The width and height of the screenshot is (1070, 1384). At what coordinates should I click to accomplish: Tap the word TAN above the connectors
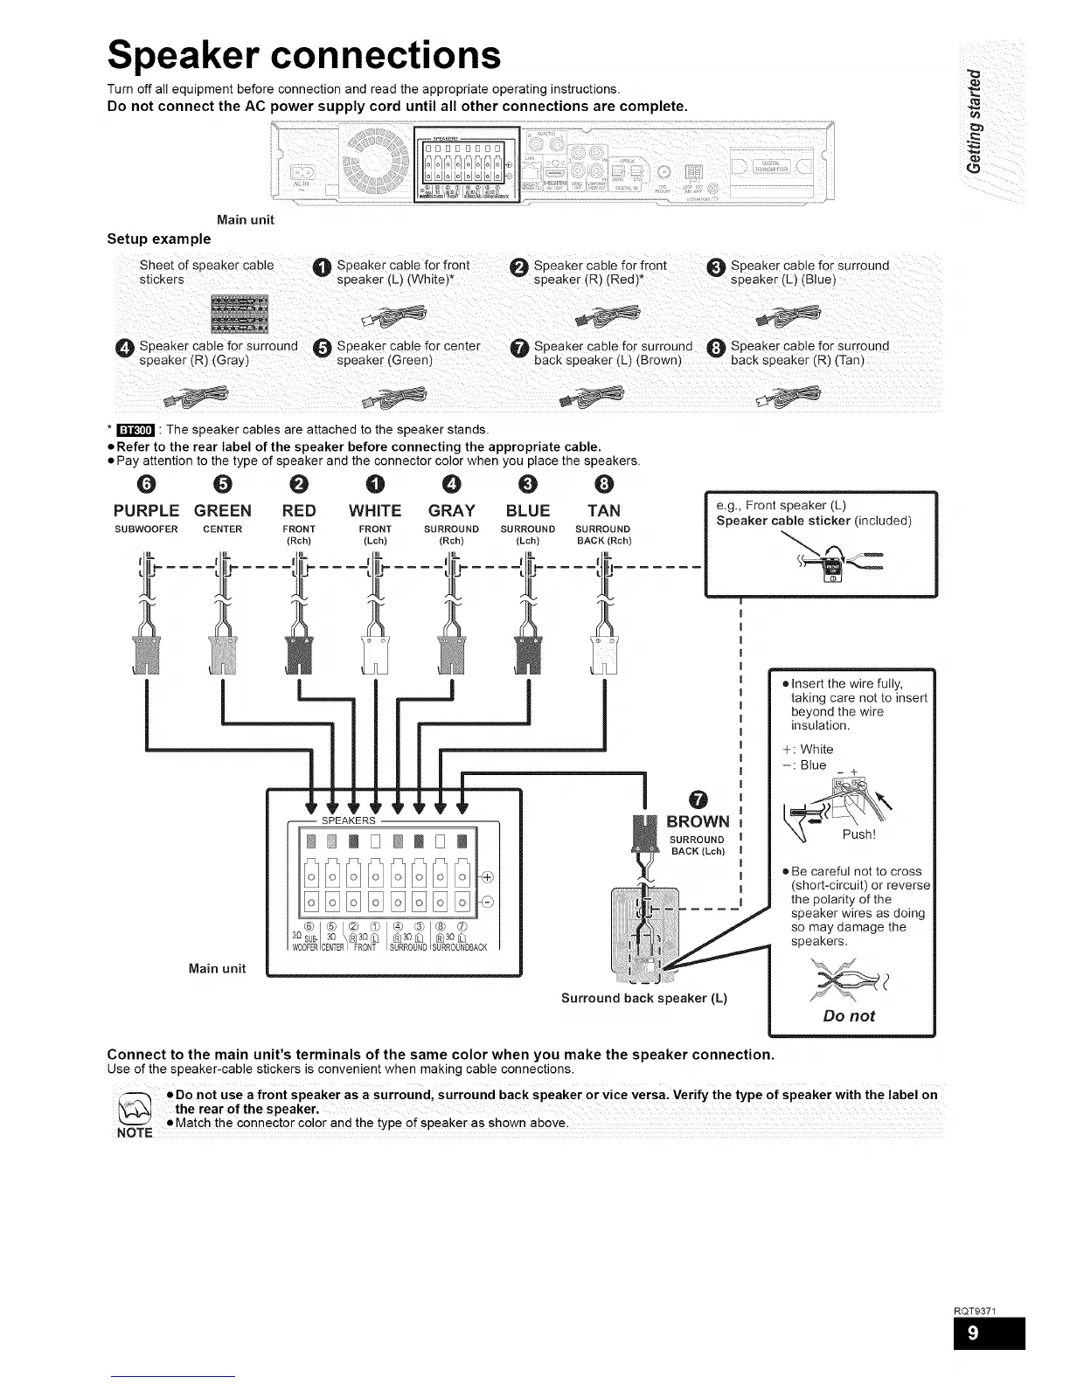[x=604, y=510]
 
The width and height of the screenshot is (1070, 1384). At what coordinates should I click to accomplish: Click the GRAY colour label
[x=451, y=510]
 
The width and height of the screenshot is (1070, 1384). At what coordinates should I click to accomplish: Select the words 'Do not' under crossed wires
[x=850, y=1016]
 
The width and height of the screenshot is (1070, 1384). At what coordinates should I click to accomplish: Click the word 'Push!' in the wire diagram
[x=858, y=834]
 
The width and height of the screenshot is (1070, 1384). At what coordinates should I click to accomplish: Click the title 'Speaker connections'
[x=304, y=56]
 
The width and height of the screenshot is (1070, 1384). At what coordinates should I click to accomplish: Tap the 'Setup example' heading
[x=158, y=239]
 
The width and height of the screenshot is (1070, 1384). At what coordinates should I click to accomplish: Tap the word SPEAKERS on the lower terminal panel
[x=349, y=820]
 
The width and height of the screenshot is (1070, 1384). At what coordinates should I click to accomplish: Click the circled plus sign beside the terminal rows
[x=487, y=878]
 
